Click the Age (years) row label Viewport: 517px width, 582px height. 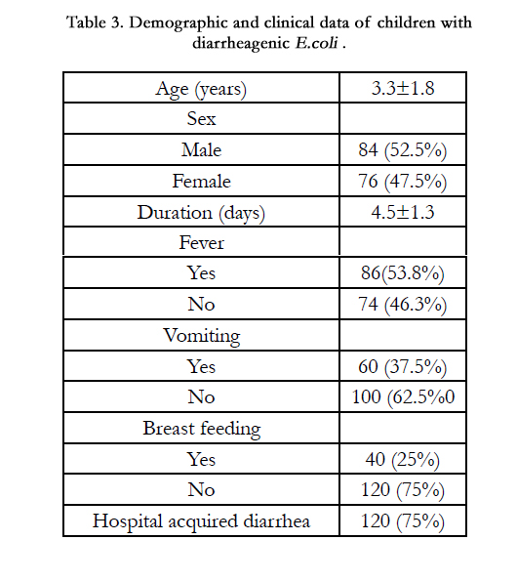(201, 90)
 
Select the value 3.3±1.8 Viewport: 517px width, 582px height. (403, 88)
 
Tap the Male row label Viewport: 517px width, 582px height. (201, 150)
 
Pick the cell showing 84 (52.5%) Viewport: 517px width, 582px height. (403, 150)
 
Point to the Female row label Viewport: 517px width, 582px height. (201, 181)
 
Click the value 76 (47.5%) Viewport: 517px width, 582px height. (403, 182)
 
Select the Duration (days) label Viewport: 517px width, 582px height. (201, 213)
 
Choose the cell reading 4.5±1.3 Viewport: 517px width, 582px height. (403, 212)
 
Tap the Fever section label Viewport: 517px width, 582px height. (201, 243)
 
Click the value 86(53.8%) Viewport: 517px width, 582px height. (403, 273)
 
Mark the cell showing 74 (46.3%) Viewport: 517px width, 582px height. (403, 305)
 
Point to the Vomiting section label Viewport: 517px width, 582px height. (202, 336)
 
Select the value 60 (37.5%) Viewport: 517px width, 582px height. (403, 367)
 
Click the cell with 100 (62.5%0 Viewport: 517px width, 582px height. (403, 397)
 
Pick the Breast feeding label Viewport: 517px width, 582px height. (202, 429)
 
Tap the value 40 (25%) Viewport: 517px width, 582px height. (403, 460)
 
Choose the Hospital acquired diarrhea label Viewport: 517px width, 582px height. (201, 521)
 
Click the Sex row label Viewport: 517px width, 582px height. (201, 119)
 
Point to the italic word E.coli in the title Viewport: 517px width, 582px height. (316, 43)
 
